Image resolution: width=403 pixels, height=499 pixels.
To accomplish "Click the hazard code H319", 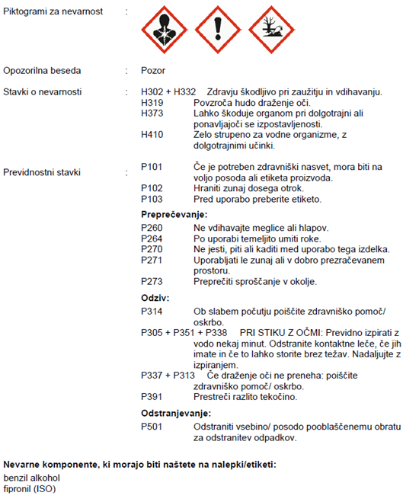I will click(153, 102).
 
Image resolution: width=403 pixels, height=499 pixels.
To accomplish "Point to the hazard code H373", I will click(153, 113).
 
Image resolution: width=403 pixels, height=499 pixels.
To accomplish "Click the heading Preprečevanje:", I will click(174, 215).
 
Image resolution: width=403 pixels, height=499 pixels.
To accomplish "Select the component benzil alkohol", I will click(30, 477).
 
